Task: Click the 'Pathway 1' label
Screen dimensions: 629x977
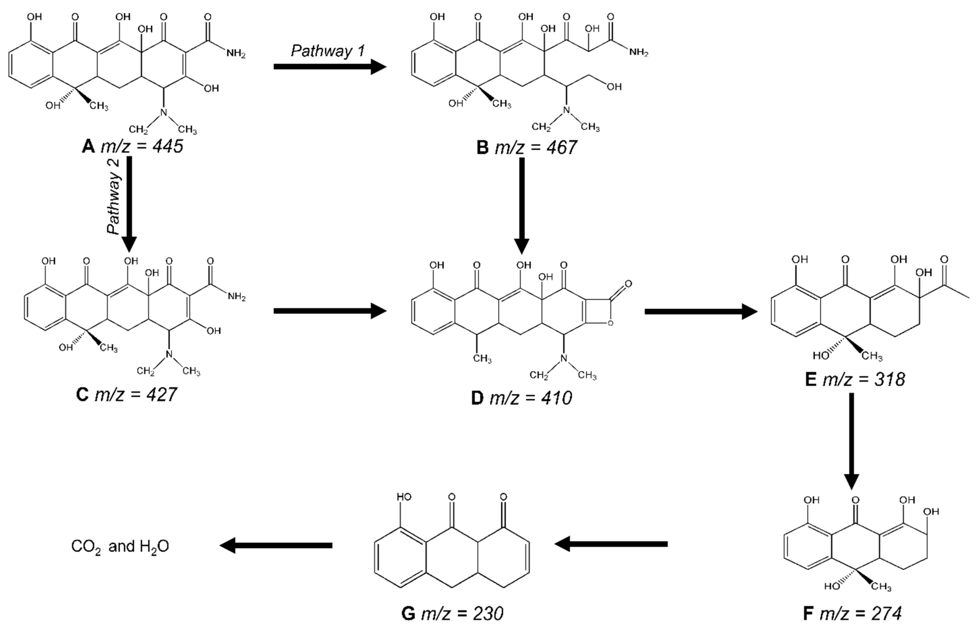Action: [328, 51]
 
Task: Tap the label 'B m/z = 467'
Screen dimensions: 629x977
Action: [527, 147]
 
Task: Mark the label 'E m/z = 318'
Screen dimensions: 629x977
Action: [855, 380]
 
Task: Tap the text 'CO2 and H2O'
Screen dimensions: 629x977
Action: [120, 546]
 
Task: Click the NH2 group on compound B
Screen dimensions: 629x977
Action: [638, 52]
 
